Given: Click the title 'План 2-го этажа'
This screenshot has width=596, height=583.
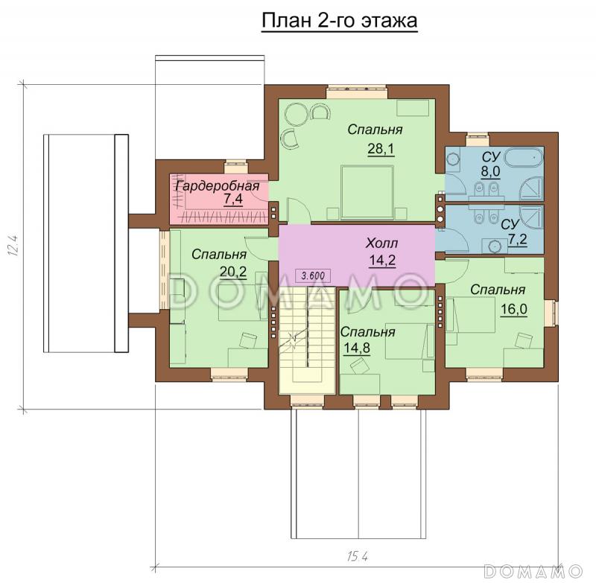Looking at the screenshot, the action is pos(340,21).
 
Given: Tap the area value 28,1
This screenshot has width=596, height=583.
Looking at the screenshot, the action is pos(381,149).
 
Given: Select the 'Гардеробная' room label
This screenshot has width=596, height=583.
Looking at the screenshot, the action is pos(217,186).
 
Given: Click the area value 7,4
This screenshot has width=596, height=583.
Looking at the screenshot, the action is pos(233,199).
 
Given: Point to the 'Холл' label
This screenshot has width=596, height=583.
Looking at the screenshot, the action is pos(381,243).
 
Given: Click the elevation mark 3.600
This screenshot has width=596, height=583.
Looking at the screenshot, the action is pos(313,275).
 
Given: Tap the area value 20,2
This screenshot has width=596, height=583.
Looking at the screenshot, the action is pos(233,271).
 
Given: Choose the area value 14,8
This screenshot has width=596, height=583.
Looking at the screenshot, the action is pos(357,348).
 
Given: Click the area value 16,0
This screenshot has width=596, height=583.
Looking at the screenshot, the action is pos(513,309).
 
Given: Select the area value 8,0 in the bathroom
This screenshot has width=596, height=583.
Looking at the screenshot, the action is pos(490,172).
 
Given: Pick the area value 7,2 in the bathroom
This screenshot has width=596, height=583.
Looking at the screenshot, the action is pos(517,240).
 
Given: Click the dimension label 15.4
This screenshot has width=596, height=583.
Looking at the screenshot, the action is pos(357,557).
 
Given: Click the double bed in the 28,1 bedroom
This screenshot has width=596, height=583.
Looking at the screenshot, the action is pos(367,192).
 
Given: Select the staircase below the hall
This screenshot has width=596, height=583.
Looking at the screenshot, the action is pos(308,340).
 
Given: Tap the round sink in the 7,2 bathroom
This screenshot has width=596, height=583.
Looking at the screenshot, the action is pos(495,246).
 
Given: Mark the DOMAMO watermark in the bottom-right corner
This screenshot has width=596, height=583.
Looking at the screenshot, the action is pos(534,570).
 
